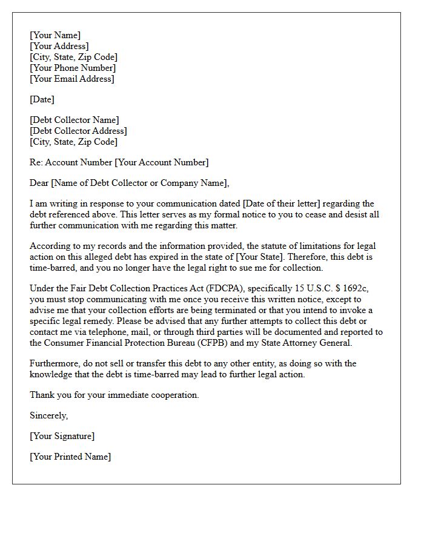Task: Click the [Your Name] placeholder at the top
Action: (x=55, y=35)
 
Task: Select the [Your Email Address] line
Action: (x=72, y=79)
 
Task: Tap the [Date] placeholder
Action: (x=42, y=99)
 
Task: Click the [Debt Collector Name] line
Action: (x=75, y=120)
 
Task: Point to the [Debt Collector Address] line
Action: (x=78, y=131)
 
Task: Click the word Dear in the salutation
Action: (x=39, y=183)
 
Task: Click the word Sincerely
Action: (x=49, y=415)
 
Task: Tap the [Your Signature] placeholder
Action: (x=62, y=436)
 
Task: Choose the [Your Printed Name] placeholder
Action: (x=70, y=457)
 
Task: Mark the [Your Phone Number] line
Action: (x=73, y=68)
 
